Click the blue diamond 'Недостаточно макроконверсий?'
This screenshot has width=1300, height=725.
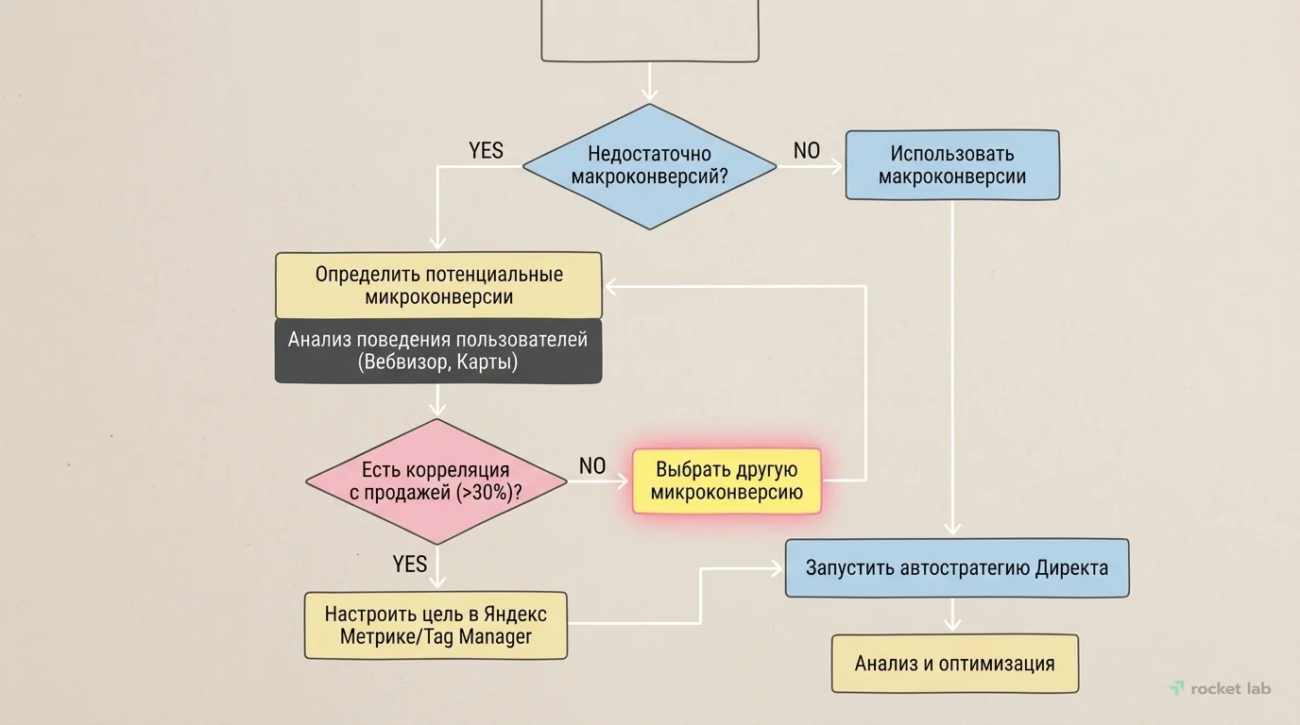[x=649, y=166]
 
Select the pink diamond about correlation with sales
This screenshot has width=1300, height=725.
[x=436, y=481]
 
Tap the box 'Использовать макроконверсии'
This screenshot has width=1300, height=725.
[x=951, y=165]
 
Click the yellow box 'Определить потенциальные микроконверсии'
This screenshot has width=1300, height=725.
[x=438, y=285]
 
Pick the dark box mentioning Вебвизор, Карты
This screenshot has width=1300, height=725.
[x=438, y=351]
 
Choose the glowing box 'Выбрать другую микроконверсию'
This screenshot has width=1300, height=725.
[x=727, y=481]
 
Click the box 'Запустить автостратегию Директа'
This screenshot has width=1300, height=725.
[x=956, y=568]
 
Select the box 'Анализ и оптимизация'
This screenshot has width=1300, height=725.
[x=954, y=664]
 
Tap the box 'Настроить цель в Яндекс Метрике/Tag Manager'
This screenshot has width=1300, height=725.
[x=436, y=625]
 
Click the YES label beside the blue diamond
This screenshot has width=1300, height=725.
[x=486, y=151]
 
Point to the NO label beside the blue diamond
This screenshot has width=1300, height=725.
[x=806, y=151]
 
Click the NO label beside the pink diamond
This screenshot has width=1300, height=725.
[x=591, y=465]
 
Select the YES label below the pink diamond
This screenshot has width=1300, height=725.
[x=409, y=564]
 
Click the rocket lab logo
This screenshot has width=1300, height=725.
[x=1220, y=688]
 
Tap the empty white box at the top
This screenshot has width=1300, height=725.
[x=649, y=30]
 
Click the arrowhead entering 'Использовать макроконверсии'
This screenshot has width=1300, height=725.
[x=836, y=167]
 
